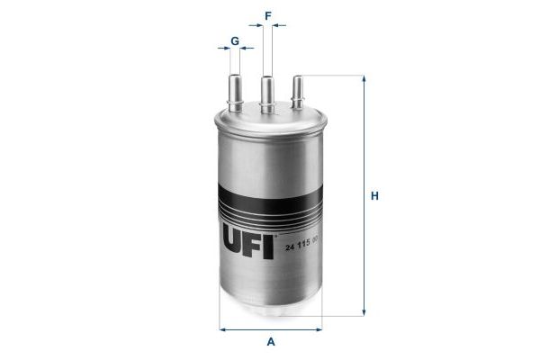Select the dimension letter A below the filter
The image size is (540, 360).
(x=271, y=343)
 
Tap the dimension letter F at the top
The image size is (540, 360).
(x=267, y=14)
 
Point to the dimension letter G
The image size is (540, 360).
(x=234, y=41)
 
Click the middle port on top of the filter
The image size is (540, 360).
(x=267, y=94)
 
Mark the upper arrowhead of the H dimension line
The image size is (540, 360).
(x=364, y=79)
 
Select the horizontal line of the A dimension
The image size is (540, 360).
(x=270, y=328)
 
